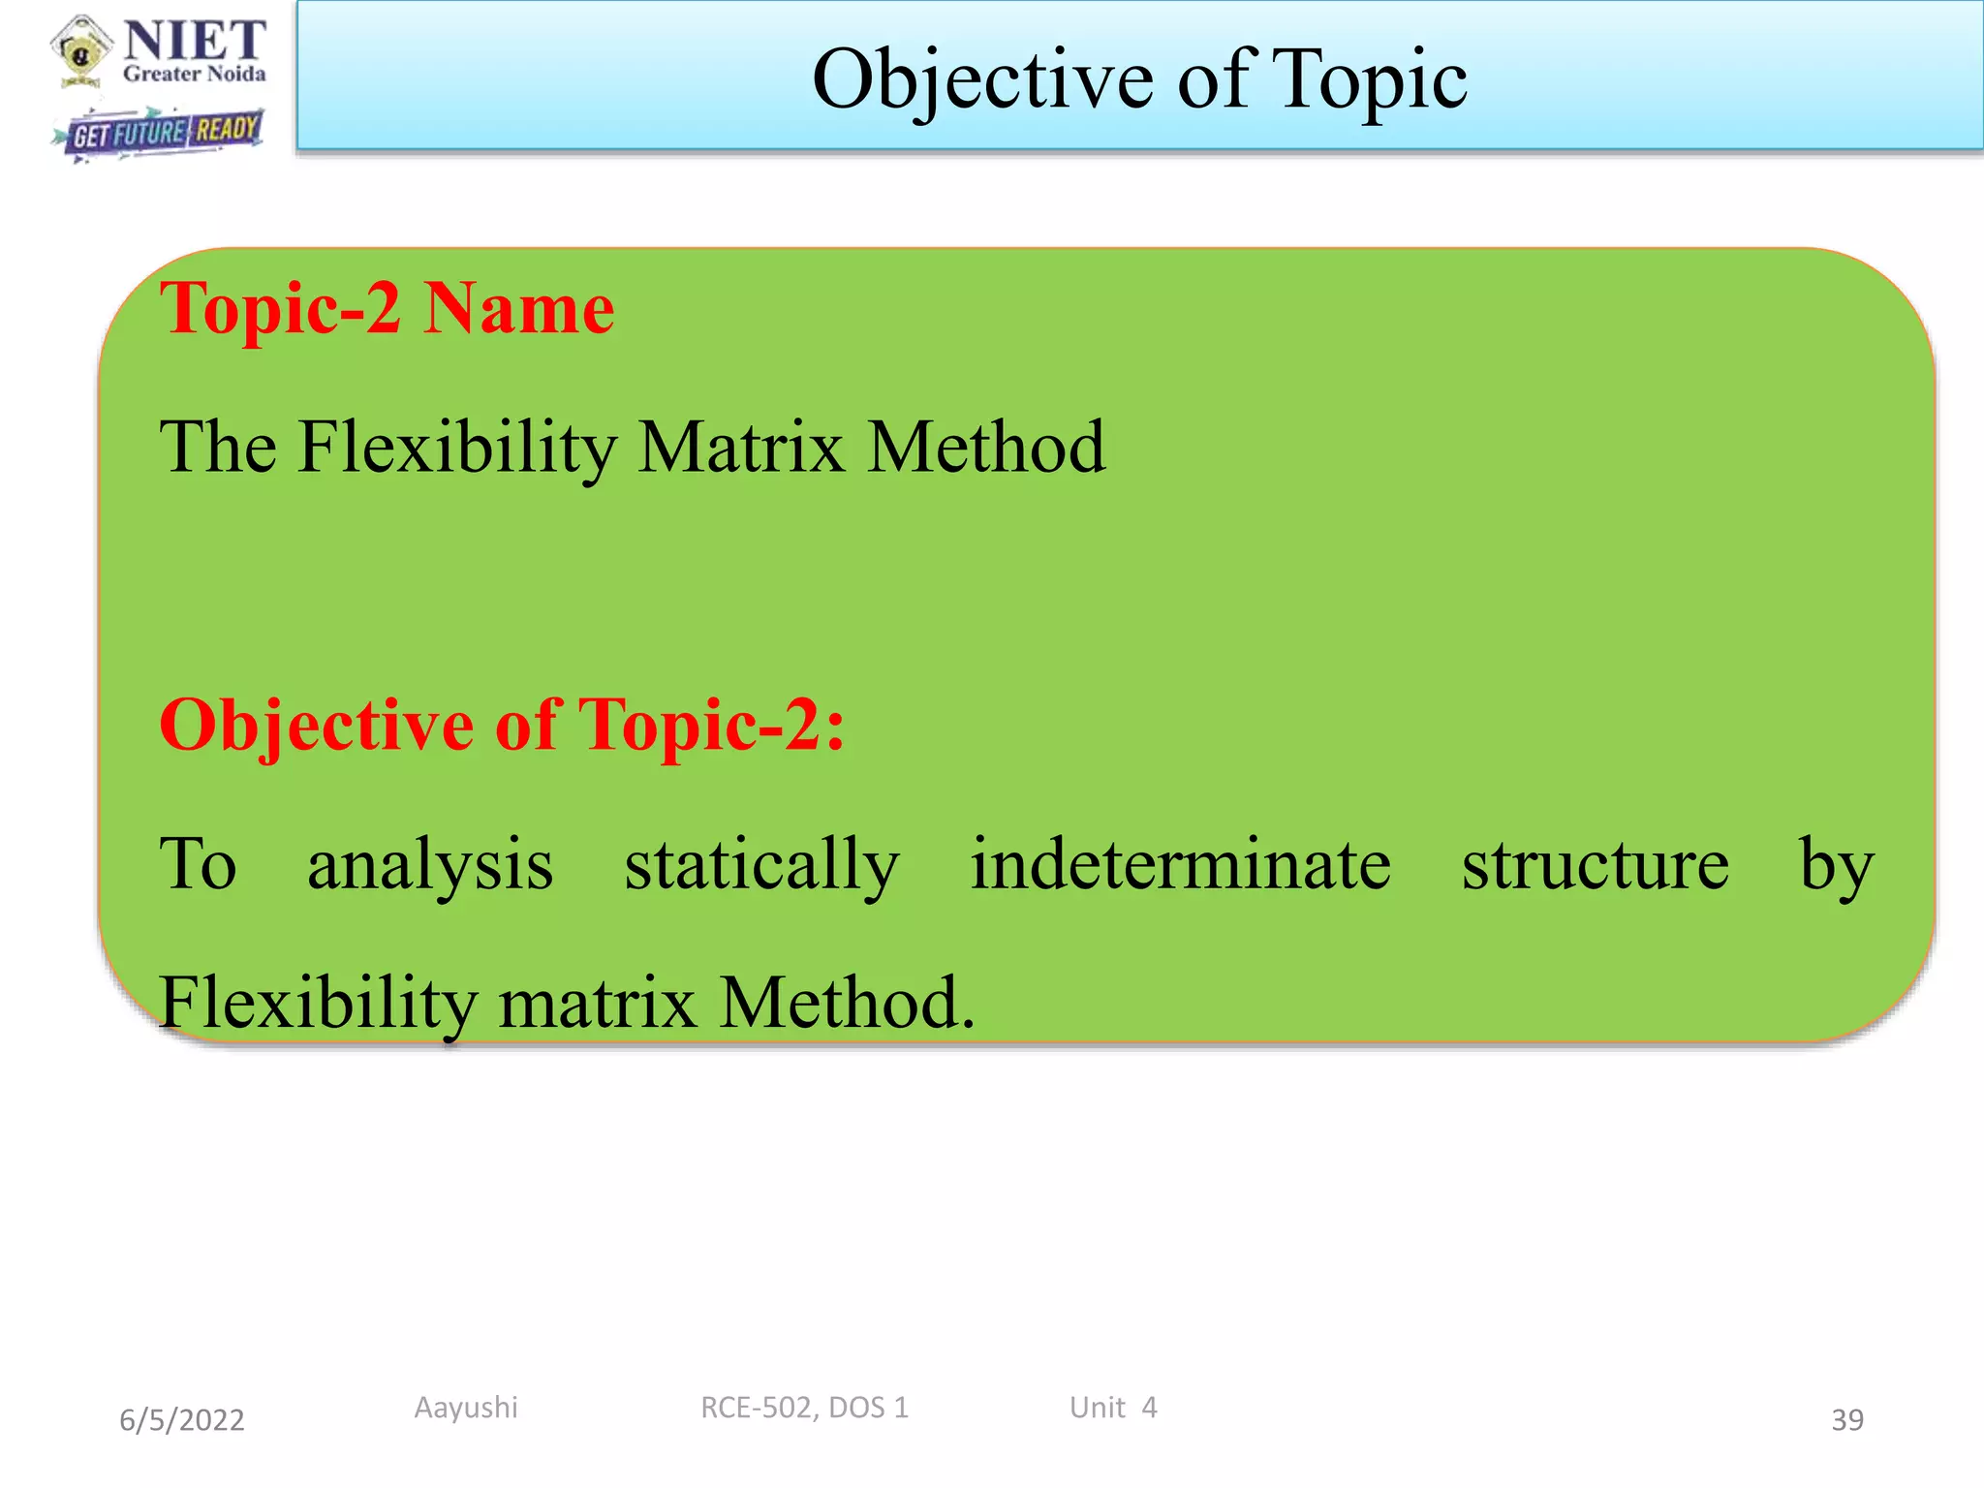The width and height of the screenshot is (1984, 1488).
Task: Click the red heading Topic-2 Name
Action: [x=387, y=308]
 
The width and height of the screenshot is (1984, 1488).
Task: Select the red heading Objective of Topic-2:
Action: [x=502, y=725]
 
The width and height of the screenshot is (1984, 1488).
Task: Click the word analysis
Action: [x=430, y=864]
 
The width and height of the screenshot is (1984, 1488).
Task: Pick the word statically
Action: [x=761, y=864]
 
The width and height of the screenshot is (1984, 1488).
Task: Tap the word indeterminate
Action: [x=1181, y=864]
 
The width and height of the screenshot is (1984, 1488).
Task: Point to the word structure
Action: [x=1595, y=864]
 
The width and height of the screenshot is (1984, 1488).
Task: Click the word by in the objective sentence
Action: [x=1837, y=864]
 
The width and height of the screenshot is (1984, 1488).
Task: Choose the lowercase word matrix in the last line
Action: [x=598, y=1003]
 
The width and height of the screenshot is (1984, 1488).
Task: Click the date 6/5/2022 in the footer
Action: [x=182, y=1420]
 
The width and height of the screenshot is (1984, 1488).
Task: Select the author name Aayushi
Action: [x=466, y=1408]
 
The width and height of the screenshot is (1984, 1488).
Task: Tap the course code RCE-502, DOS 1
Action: [x=804, y=1408]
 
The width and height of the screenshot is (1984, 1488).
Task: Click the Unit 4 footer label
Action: [x=1113, y=1408]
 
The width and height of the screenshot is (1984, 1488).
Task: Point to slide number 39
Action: [x=1846, y=1420]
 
